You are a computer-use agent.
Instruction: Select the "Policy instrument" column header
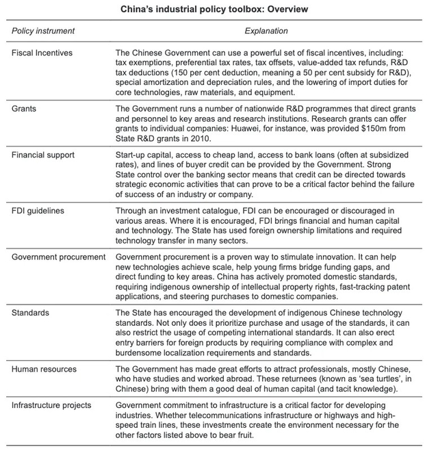(x=44, y=31)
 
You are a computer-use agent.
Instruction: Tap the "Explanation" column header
(x=266, y=31)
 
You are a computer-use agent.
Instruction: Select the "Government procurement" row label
(x=59, y=257)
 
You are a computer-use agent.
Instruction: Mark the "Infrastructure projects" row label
(x=52, y=405)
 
